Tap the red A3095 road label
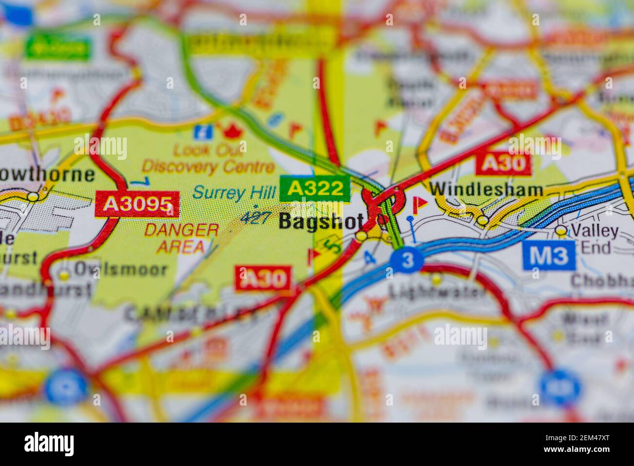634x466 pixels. tap(138, 204)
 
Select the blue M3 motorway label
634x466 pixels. tap(549, 256)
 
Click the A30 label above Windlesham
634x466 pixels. tap(503, 163)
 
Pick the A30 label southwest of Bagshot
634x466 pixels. tap(264, 279)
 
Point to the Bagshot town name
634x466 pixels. tap(321, 221)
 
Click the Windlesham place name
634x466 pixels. tap(486, 190)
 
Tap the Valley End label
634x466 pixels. tap(594, 239)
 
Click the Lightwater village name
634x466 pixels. tap(437, 292)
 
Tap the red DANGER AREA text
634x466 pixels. tap(181, 238)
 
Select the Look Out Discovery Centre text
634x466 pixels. tap(208, 158)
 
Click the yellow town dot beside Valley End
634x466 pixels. tap(561, 230)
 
